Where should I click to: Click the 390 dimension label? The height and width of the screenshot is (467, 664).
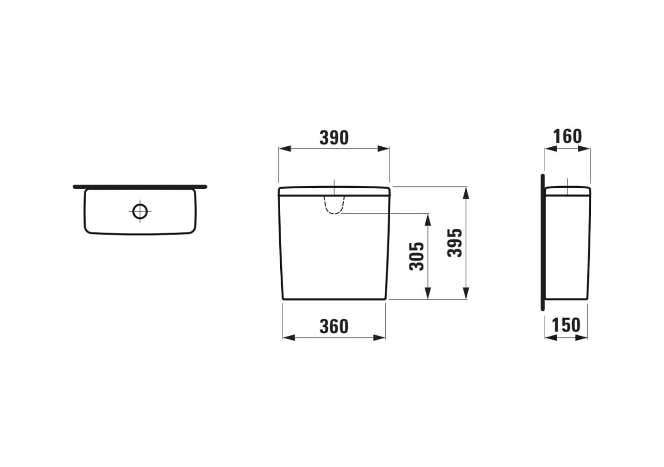pyautogui.click(x=334, y=138)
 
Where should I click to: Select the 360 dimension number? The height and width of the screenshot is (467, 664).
pyautogui.click(x=334, y=326)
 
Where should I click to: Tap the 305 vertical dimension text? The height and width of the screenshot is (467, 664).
pyautogui.click(x=417, y=256)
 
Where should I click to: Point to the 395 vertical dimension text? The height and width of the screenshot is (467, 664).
pyautogui.click(x=455, y=243)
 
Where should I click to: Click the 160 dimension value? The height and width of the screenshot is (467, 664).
pyautogui.click(x=567, y=136)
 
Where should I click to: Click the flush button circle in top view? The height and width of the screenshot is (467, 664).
pyautogui.click(x=140, y=211)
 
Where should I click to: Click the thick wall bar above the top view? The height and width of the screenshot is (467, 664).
pyautogui.click(x=140, y=186)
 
